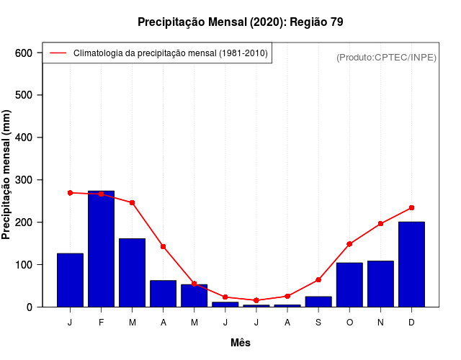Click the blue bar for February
click(101, 249)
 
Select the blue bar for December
click(411, 264)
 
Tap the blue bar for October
click(349, 285)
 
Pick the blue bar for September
click(318, 302)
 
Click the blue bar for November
click(380, 284)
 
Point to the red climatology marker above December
click(411, 207)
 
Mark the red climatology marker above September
click(318, 279)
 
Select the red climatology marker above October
click(349, 244)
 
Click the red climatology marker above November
click(380, 223)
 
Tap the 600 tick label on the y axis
click(24, 53)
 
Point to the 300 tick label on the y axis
click(24, 180)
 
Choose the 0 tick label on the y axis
click(30, 307)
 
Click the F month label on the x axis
click(101, 323)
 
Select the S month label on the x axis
click(318, 323)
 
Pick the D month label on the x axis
click(411, 323)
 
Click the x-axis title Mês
click(241, 343)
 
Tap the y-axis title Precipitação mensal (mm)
click(7, 174)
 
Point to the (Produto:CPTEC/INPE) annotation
click(386, 57)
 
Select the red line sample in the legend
click(58, 53)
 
